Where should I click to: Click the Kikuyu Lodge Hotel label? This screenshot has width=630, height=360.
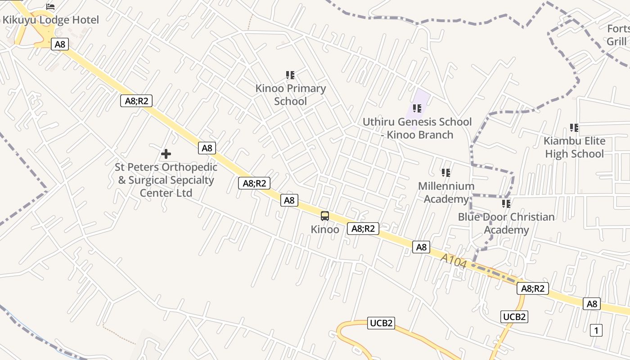pyautogui.click(x=51, y=20)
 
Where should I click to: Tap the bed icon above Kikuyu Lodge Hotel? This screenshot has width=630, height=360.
pyautogui.click(x=50, y=6)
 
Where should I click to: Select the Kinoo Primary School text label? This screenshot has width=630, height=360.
pyautogui.click(x=290, y=94)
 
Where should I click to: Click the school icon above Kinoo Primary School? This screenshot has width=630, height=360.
pyautogui.click(x=290, y=75)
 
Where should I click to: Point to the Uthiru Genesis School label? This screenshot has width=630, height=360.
pyautogui.click(x=417, y=128)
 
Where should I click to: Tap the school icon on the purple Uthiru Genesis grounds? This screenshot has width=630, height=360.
pyautogui.click(x=417, y=108)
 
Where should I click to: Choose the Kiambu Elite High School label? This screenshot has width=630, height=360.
pyautogui.click(x=574, y=147)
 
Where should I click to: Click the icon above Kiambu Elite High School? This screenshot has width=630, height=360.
pyautogui.click(x=574, y=128)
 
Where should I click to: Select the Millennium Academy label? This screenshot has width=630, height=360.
pyautogui.click(x=446, y=192)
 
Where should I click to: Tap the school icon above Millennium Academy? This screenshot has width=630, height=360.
pyautogui.click(x=446, y=173)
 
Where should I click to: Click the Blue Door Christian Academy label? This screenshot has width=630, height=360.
pyautogui.click(x=506, y=223)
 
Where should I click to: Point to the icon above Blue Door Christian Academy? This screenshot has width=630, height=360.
pyautogui.click(x=506, y=204)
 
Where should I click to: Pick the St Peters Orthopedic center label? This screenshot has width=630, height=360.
pyautogui.click(x=166, y=180)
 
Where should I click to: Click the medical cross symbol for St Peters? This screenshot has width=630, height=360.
pyautogui.click(x=166, y=154)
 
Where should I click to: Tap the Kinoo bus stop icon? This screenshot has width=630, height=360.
pyautogui.click(x=325, y=216)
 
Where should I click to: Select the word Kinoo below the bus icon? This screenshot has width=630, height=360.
pyautogui.click(x=325, y=229)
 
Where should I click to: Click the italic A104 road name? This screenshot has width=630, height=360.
pyautogui.click(x=453, y=261)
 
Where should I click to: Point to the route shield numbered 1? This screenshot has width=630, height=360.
pyautogui.click(x=596, y=330)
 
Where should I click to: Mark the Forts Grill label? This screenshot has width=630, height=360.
pyautogui.click(x=617, y=35)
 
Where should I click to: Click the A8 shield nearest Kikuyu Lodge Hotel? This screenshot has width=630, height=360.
pyautogui.click(x=60, y=44)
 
